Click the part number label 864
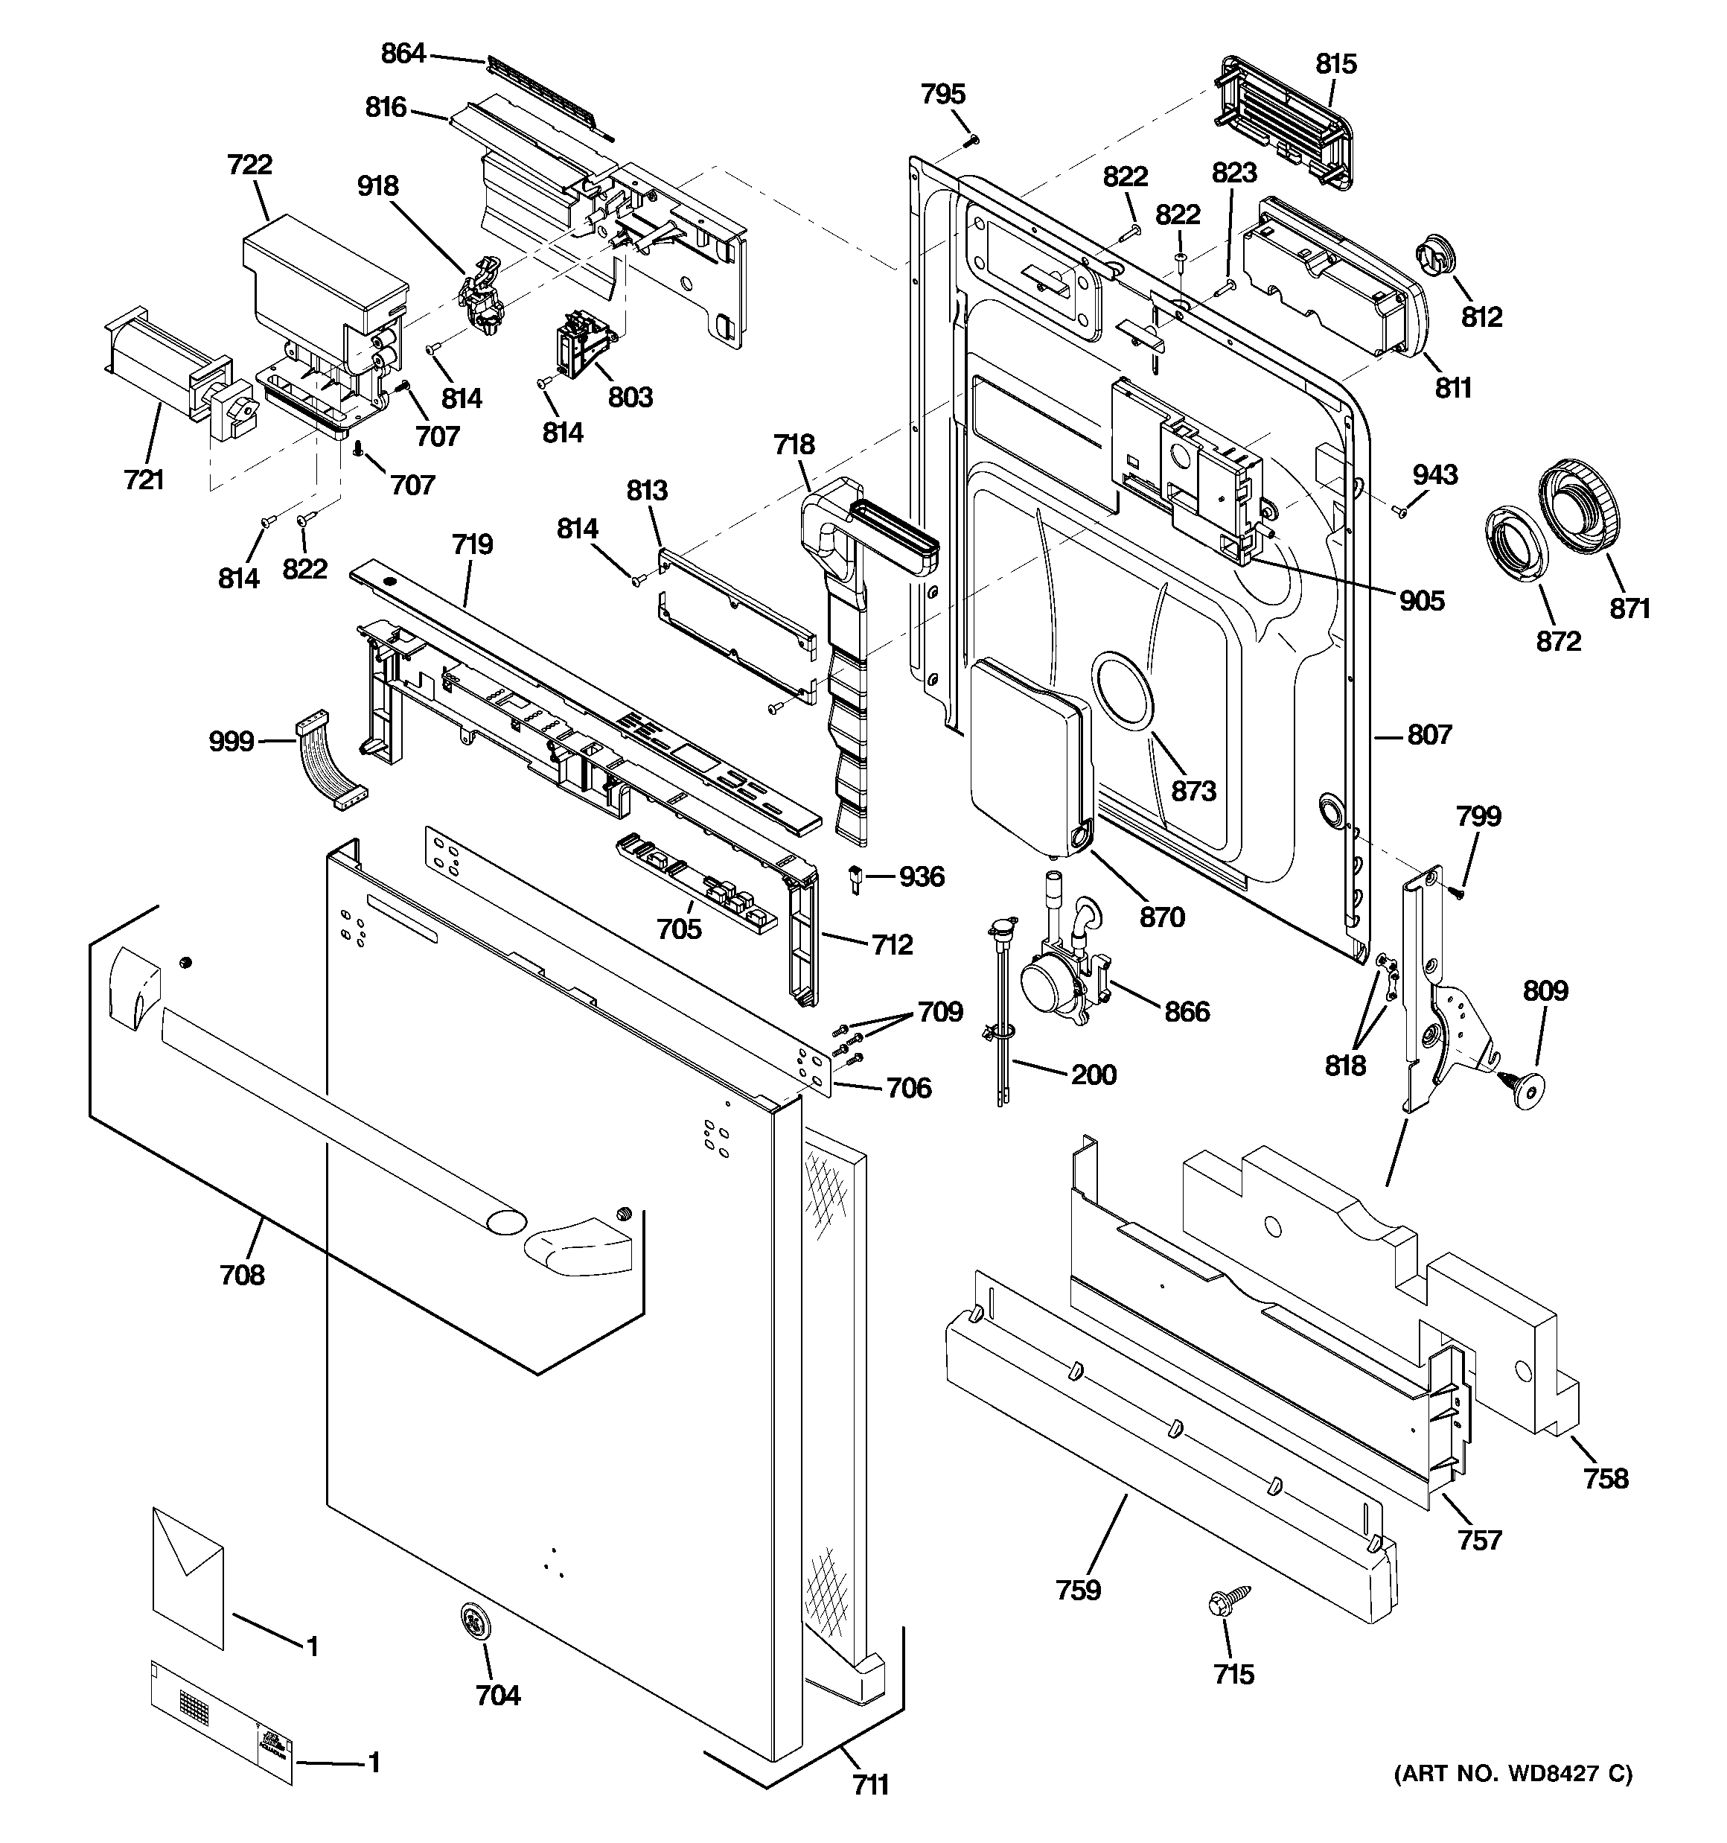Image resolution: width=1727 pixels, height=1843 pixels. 403,54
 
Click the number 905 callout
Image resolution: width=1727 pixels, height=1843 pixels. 1421,601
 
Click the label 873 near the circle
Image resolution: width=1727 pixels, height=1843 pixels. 1193,791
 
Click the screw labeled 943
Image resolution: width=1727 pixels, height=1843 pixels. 1399,510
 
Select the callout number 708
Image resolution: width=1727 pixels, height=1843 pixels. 242,1275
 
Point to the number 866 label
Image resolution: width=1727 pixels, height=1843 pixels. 1187,1010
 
